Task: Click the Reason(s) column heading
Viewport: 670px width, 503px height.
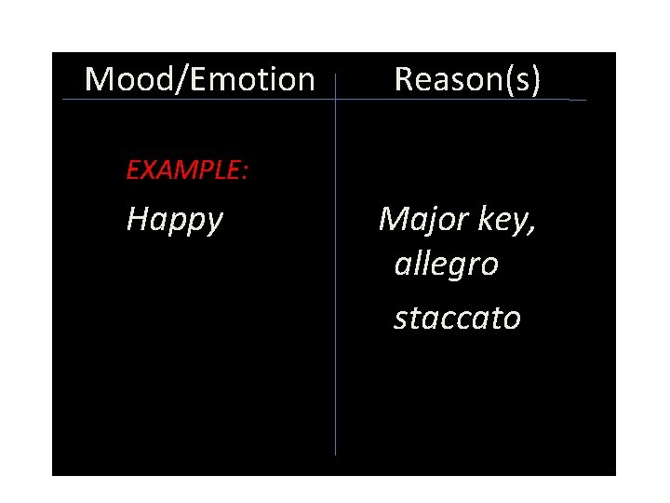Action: point(467,80)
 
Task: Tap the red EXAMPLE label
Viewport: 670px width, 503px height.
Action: point(185,170)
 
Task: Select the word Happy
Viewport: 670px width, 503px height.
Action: point(175,221)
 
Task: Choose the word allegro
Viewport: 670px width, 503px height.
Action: point(446,265)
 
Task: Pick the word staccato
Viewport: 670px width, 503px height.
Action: point(457,319)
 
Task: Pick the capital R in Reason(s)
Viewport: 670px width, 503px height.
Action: point(404,80)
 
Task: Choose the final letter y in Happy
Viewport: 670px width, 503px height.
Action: point(214,224)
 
